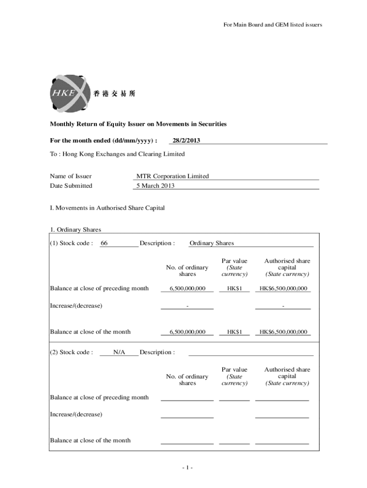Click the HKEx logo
(69, 93)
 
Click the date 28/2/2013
(186, 140)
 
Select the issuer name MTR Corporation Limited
(173, 176)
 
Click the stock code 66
(104, 244)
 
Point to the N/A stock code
(119, 352)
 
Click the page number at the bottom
(187, 468)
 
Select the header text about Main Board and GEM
(273, 25)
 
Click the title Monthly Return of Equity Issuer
(138, 124)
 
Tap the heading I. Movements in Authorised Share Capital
(107, 208)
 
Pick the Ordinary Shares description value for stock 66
(212, 244)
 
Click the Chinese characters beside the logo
(114, 94)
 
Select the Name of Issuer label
(71, 176)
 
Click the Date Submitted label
(71, 186)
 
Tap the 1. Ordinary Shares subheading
(76, 230)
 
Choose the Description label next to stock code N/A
(157, 353)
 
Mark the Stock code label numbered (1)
(71, 244)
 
